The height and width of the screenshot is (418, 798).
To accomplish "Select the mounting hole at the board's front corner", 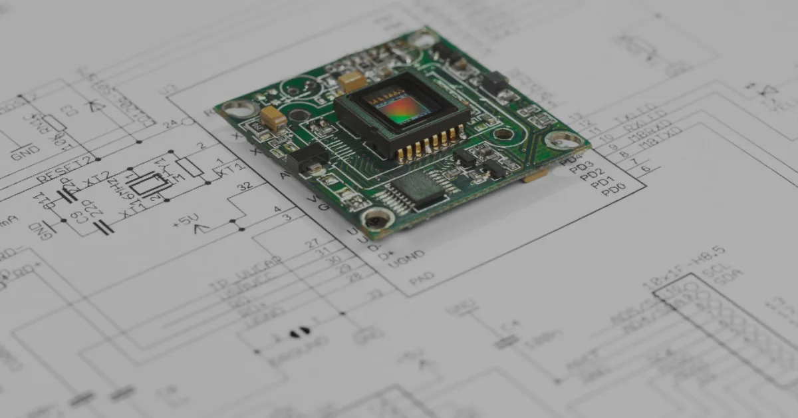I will [377, 217].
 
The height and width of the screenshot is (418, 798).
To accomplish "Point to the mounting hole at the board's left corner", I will [240, 108].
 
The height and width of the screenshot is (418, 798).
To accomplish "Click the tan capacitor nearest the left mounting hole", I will [273, 118].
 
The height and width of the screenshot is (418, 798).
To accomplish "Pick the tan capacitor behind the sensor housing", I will [352, 81].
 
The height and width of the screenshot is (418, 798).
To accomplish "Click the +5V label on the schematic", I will [186, 220].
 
